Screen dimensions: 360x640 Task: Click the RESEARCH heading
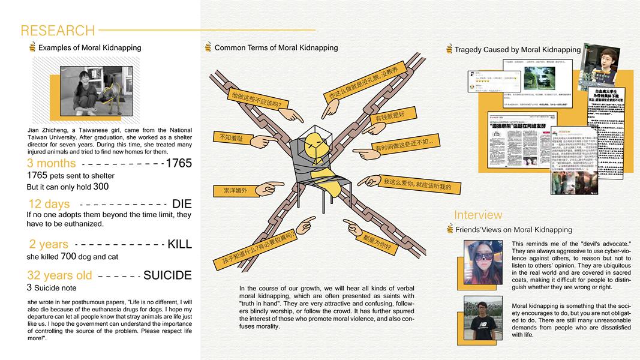[x=58, y=31]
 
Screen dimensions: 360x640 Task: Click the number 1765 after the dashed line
[x=178, y=163]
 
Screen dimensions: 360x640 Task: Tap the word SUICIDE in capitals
[x=167, y=275]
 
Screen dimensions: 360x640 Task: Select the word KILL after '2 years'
[x=179, y=244]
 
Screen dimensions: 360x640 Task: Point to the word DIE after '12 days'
[x=181, y=204]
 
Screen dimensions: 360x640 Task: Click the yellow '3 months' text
[x=52, y=163]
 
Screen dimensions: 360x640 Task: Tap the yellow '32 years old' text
[x=60, y=275]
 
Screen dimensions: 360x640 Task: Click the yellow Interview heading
[x=478, y=215]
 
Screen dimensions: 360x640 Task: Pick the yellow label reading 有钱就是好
[x=390, y=115]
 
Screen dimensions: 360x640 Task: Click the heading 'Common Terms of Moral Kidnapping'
[x=276, y=48]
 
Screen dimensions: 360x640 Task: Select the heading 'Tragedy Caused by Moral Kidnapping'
[x=517, y=50]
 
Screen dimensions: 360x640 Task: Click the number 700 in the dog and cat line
[x=68, y=256]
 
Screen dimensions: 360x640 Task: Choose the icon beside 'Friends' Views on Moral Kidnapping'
[x=450, y=229]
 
